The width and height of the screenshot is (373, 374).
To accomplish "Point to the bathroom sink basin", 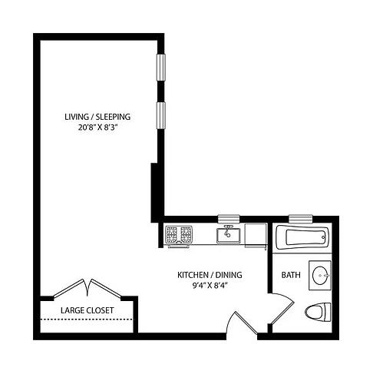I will [x=322, y=276].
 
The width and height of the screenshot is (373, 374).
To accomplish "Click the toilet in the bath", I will [x=317, y=312].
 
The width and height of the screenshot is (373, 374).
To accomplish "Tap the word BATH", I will [x=291, y=275].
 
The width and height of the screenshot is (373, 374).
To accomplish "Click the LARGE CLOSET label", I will [x=87, y=311].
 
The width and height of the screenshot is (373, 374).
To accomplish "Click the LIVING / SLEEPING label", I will [x=97, y=117].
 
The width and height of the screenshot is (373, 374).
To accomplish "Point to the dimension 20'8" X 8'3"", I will [x=97, y=128].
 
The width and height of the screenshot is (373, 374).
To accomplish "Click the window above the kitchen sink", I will [x=229, y=219].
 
